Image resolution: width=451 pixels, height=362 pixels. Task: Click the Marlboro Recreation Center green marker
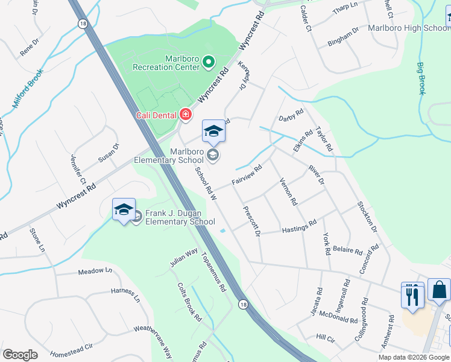[x=209, y=62]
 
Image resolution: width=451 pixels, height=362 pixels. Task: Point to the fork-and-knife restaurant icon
[x=412, y=296]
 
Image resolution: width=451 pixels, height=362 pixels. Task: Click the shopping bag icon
[x=440, y=290]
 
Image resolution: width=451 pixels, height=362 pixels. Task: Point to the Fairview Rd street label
[x=247, y=174]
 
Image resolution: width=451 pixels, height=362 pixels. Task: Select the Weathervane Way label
[x=153, y=338]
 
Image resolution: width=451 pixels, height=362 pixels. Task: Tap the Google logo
[x=20, y=355]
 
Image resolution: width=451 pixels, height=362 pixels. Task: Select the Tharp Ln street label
[x=345, y=12]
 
